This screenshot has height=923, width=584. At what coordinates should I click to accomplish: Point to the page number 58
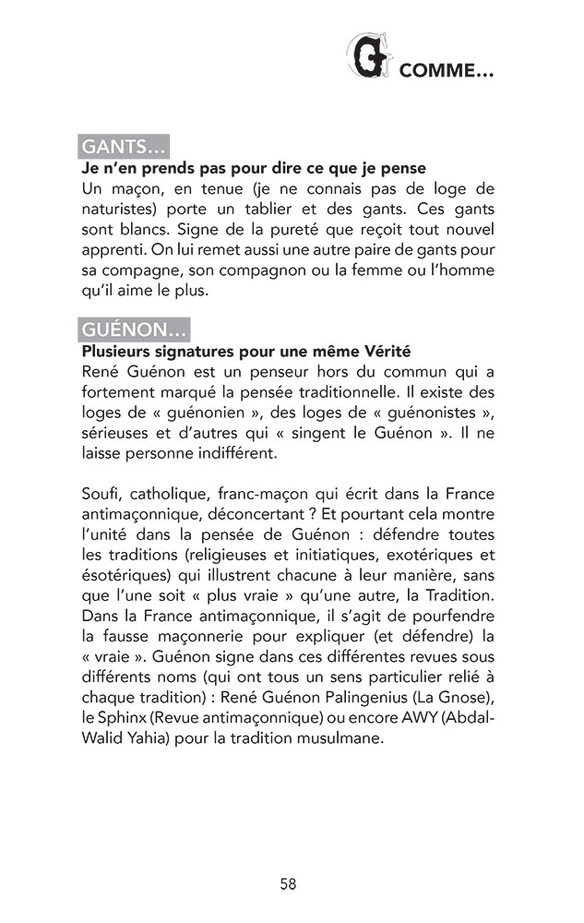pyautogui.click(x=288, y=884)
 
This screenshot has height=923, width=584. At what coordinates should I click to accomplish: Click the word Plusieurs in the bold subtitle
pyautogui.click(x=117, y=352)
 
